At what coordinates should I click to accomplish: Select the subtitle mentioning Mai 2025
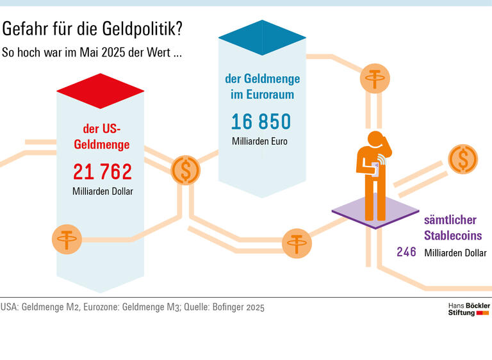click(92, 53)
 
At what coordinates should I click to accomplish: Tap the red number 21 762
click(102, 172)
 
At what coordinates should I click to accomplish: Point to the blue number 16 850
click(261, 122)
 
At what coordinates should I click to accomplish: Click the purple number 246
click(406, 252)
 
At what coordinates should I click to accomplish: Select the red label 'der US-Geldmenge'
click(102, 136)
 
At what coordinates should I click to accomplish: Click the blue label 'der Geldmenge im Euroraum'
click(262, 86)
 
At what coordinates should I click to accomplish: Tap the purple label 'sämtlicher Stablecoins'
click(453, 227)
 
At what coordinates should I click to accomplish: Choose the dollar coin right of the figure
click(463, 159)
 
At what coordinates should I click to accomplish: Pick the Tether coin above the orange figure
click(373, 79)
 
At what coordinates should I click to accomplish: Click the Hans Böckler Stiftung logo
click(468, 309)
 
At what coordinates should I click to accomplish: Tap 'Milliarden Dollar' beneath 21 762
click(102, 191)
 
